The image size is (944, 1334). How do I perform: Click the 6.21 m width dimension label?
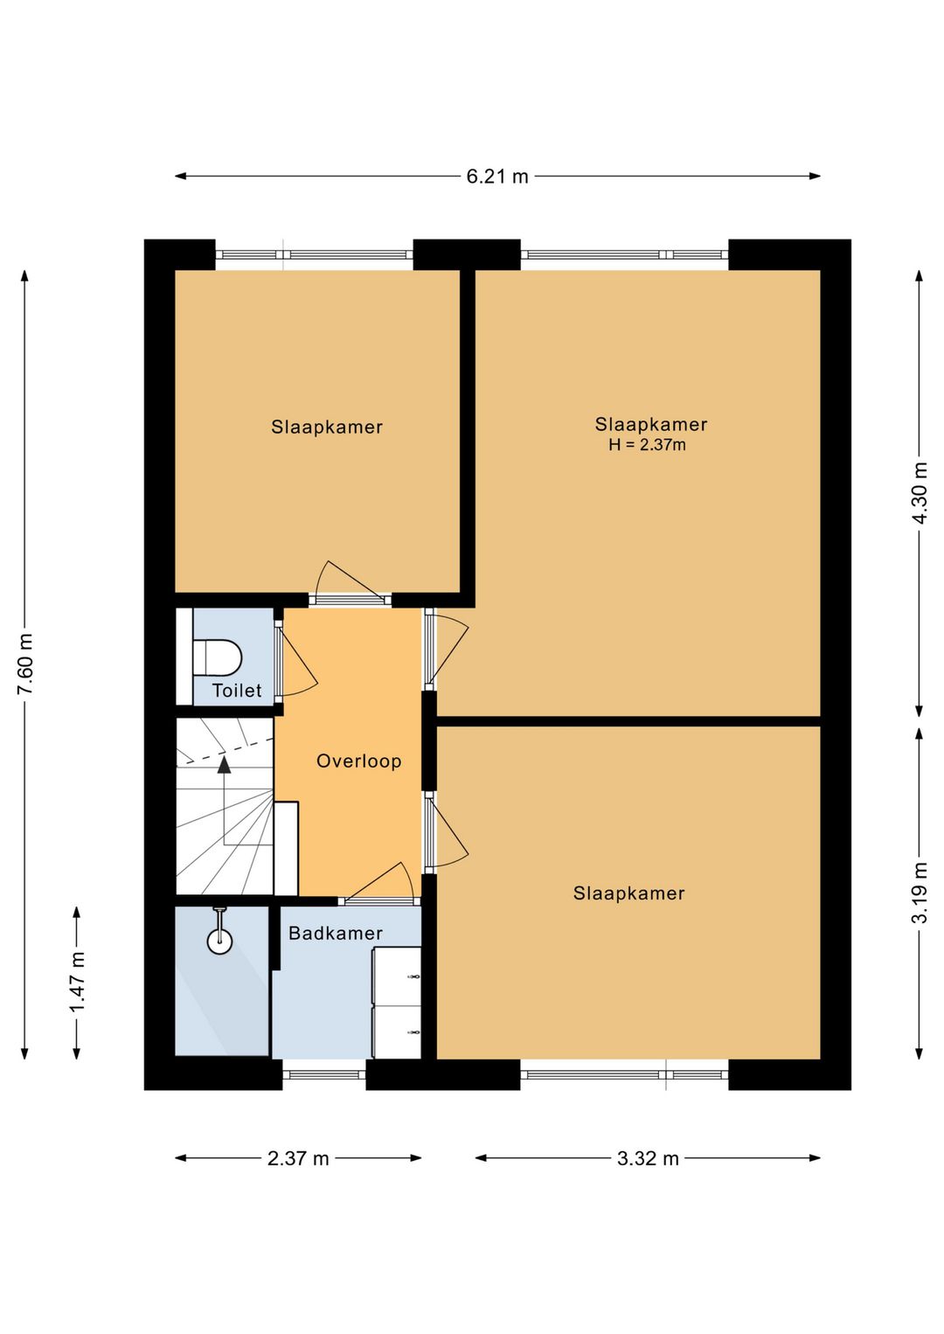496,177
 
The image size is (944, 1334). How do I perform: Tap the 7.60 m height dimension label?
25,664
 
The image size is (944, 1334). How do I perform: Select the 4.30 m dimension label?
920,492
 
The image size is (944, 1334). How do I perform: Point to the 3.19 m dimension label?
920,893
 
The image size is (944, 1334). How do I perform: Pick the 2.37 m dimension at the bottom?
298,1158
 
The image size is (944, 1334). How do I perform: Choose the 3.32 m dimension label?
648,1158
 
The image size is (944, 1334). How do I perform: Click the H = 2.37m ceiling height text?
648,444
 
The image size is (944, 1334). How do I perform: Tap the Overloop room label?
358,761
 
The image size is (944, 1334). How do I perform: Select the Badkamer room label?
336,934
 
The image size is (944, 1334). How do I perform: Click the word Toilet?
237,691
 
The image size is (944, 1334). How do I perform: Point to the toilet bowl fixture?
218,658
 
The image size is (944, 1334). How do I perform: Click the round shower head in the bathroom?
219,941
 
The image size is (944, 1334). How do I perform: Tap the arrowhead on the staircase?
224,765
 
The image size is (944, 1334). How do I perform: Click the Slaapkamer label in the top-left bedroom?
326,427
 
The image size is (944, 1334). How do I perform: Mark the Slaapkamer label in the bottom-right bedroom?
629,893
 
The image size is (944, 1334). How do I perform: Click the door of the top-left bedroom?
350,584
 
